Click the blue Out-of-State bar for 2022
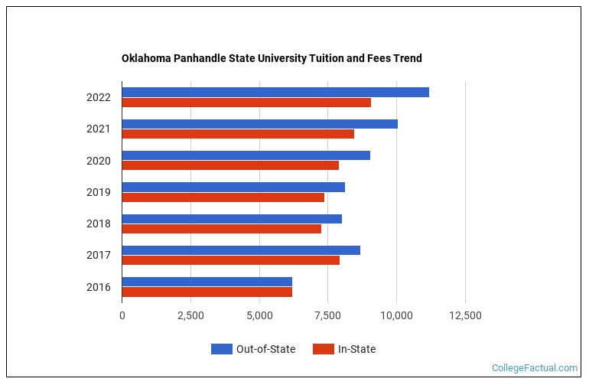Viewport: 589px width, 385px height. click(275, 92)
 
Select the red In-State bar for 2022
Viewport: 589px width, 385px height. click(246, 103)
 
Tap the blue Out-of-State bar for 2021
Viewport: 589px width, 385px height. click(260, 124)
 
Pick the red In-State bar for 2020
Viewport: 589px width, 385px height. click(230, 165)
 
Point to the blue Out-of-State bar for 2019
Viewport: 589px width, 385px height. click(233, 188)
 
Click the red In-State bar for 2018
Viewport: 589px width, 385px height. click(222, 229)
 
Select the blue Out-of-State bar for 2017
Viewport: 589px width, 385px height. click(241, 250)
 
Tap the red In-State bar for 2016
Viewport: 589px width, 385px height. click(207, 292)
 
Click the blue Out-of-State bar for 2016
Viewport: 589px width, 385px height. click(207, 282)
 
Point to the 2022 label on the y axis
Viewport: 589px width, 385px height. click(99, 97)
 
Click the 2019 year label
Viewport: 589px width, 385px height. click(99, 192)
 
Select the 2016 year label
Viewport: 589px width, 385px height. click(99, 287)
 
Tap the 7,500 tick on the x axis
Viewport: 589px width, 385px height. click(327, 315)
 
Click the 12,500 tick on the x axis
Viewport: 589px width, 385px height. click(465, 315)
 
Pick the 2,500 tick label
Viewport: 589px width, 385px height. click(190, 315)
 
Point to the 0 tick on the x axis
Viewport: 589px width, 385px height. click(122, 315)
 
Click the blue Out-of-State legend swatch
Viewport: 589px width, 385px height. click(221, 350)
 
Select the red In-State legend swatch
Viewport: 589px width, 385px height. click(324, 350)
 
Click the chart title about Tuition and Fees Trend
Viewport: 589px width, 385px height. click(272, 58)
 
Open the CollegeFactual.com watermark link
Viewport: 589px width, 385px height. click(534, 368)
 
